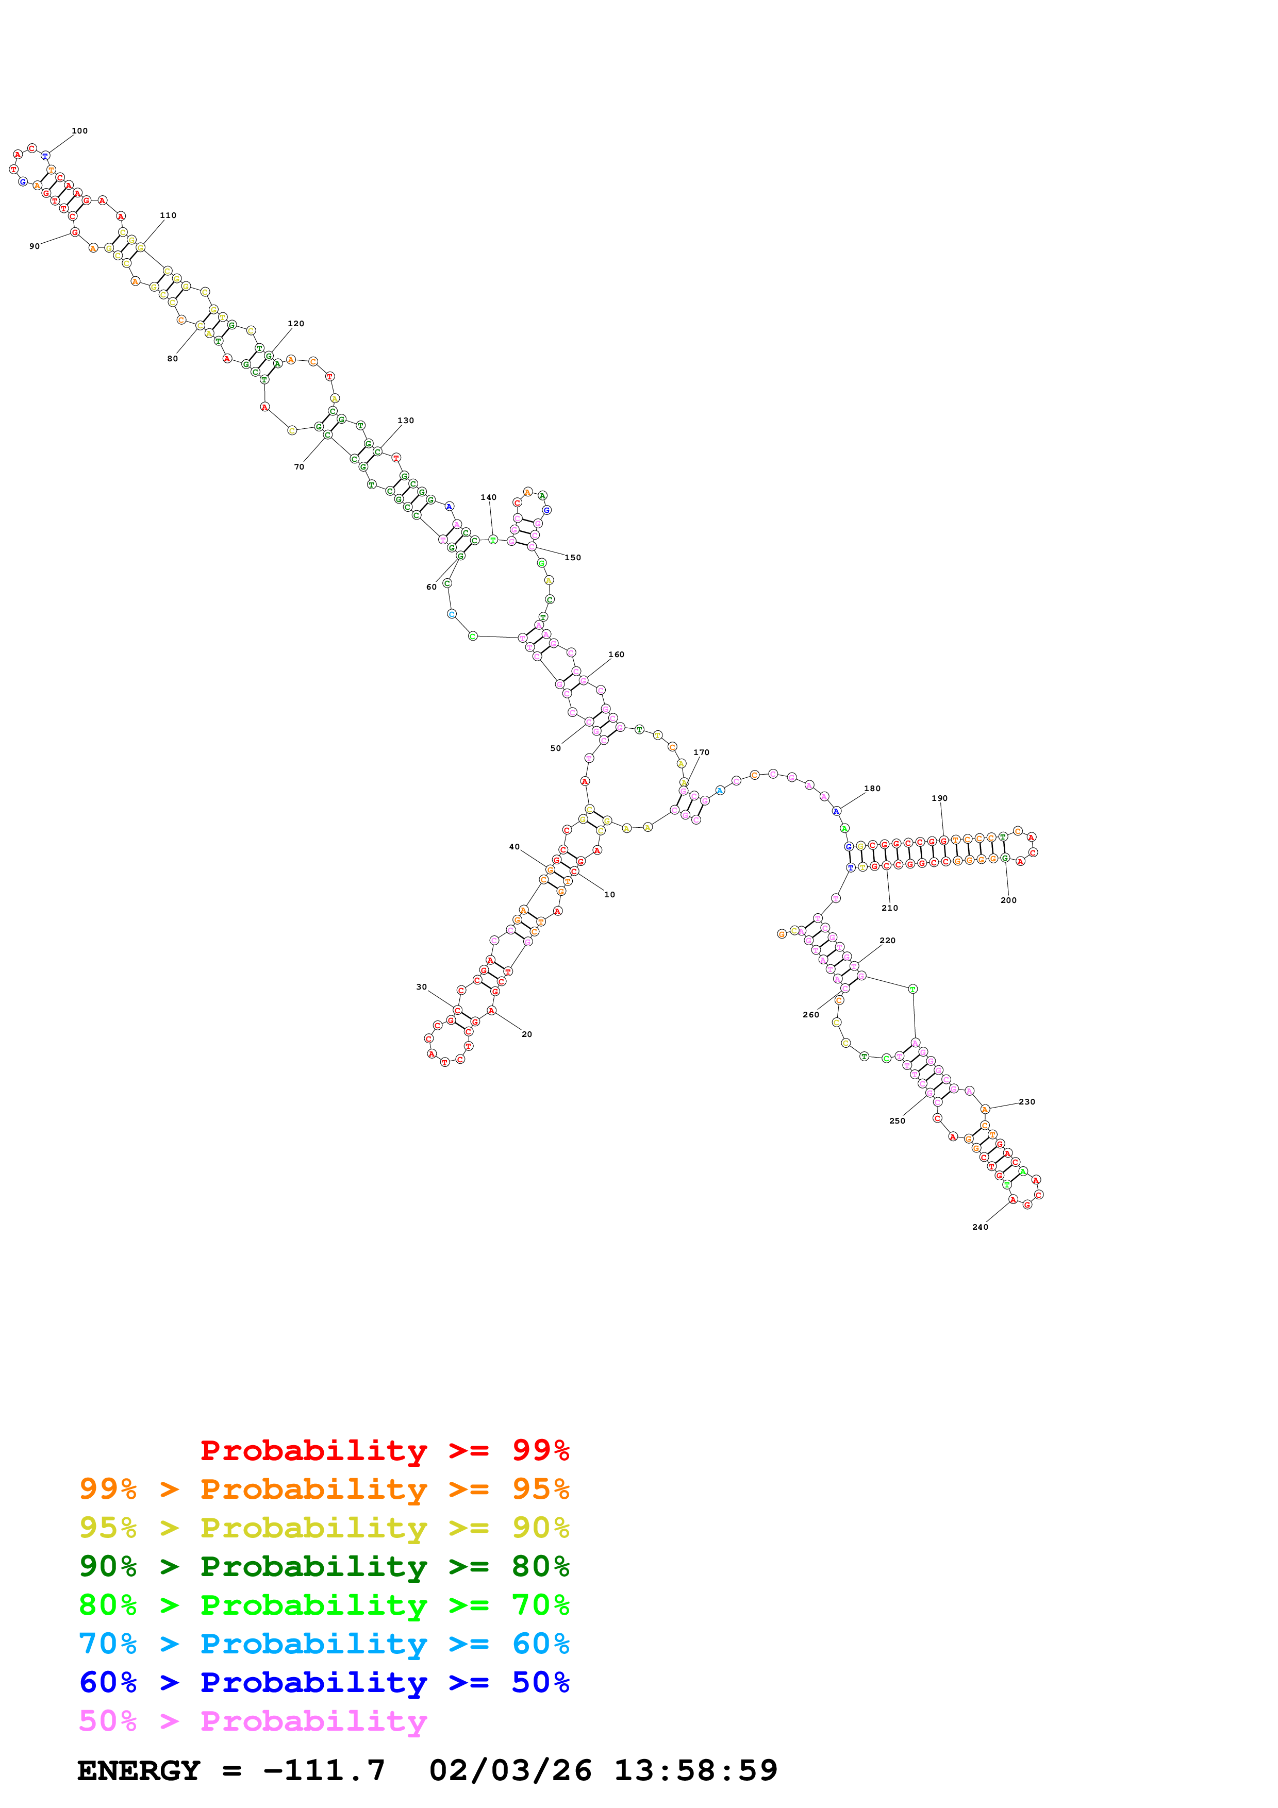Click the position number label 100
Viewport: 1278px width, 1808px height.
[x=79, y=131]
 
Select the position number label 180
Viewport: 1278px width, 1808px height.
[x=872, y=788]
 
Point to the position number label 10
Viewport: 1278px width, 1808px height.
[x=609, y=895]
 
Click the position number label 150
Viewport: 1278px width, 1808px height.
[x=572, y=558]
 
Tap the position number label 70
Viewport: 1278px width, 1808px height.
[x=299, y=467]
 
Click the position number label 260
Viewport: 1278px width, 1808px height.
[x=810, y=1015]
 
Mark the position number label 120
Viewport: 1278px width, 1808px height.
[x=295, y=324]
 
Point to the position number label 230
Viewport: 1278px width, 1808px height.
[x=1027, y=1101]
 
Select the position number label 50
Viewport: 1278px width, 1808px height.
[x=555, y=748]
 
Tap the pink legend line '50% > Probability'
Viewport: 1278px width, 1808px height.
[x=253, y=1720]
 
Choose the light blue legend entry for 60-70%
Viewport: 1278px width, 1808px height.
[x=324, y=1644]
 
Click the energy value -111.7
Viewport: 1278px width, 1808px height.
[x=324, y=1770]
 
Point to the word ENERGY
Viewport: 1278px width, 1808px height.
[x=139, y=1770]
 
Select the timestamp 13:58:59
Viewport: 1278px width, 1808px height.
[x=695, y=1770]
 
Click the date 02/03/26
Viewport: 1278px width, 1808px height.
[x=510, y=1770]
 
